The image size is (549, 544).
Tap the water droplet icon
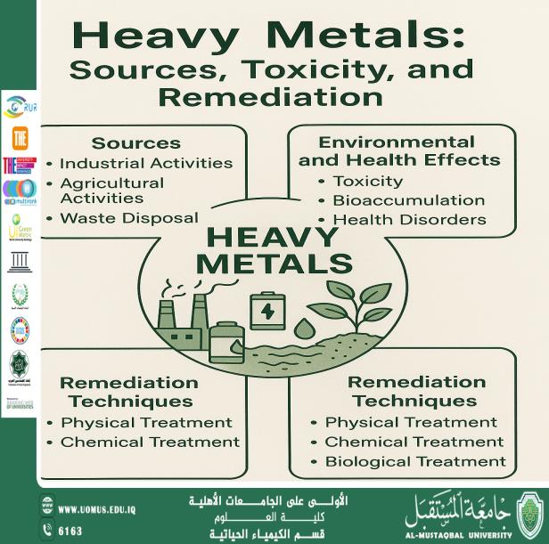pos(306,329)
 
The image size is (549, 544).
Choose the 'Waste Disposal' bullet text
pos(128,218)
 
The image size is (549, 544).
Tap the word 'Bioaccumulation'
pos(408,200)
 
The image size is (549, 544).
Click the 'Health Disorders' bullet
pos(409,220)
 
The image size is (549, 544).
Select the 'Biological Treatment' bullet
pos(414,461)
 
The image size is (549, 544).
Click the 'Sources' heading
pos(135,143)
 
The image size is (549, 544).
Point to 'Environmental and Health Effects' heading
pos(398,151)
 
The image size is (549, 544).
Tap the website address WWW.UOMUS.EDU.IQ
pos(96,509)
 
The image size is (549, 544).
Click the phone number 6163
pos(70,530)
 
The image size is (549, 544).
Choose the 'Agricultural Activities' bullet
pos(111,191)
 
